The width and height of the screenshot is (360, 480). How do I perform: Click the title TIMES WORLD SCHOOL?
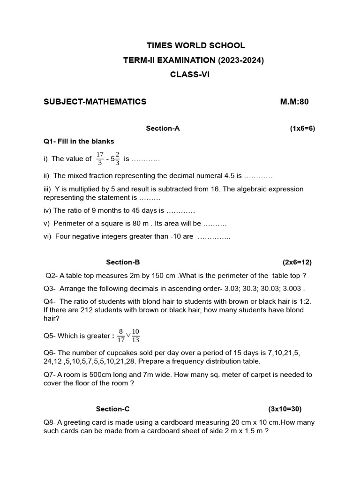coord(195,45)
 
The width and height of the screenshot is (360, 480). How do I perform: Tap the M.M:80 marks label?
coord(294,102)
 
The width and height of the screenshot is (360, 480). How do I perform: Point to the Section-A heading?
coord(163,128)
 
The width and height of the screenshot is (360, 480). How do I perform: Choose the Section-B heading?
coord(123,262)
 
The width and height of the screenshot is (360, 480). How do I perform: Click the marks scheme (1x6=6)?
coord(302,128)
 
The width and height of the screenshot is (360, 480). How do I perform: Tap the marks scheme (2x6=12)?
coord(297,262)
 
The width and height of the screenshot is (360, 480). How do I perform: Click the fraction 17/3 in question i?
coord(100,158)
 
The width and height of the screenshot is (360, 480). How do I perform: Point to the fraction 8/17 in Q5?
coord(120,336)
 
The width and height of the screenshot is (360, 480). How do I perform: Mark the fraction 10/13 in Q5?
coord(136,336)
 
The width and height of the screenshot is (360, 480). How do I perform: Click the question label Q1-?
coord(50,141)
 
